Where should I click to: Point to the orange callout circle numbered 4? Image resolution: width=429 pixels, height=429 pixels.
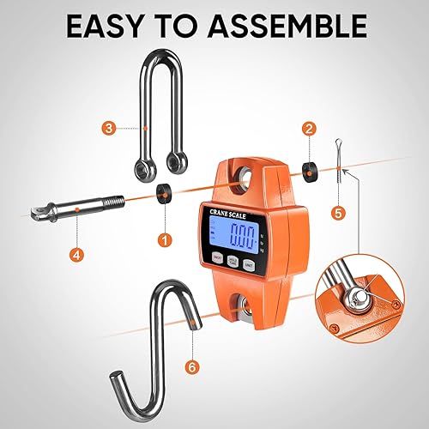(78, 255)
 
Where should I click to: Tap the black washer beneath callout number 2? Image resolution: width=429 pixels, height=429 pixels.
(306, 166)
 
